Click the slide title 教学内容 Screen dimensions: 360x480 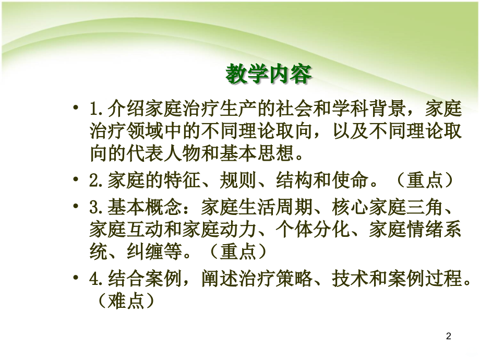click(x=268, y=75)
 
